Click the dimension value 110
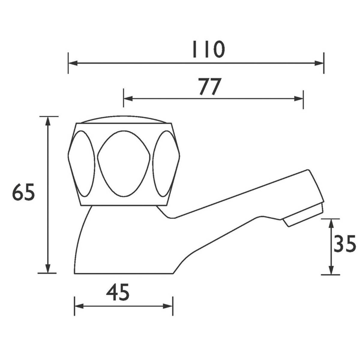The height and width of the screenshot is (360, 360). (x=208, y=49)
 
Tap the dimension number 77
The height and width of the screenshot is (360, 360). (x=209, y=86)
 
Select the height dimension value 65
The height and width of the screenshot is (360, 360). (x=23, y=192)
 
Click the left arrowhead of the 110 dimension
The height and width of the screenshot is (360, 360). (x=73, y=63)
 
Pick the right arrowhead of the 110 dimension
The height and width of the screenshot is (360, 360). (x=319, y=63)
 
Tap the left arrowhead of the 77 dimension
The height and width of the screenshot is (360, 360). (x=128, y=98)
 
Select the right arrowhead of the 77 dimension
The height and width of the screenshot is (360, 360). (x=298, y=98)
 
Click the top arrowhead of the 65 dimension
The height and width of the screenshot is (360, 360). (x=48, y=121)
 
